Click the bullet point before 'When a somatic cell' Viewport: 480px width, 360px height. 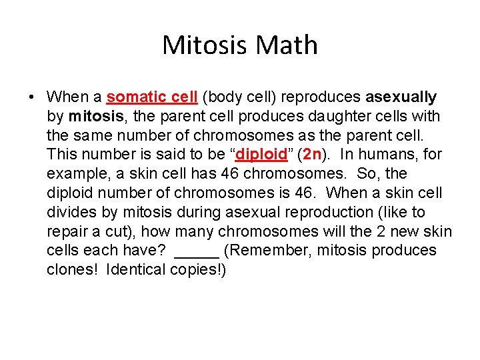[31, 97]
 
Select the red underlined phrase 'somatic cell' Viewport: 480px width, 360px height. [152, 97]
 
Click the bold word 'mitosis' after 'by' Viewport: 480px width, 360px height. [96, 117]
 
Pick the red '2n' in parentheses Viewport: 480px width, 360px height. [312, 155]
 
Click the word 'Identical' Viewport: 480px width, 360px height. [135, 270]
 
